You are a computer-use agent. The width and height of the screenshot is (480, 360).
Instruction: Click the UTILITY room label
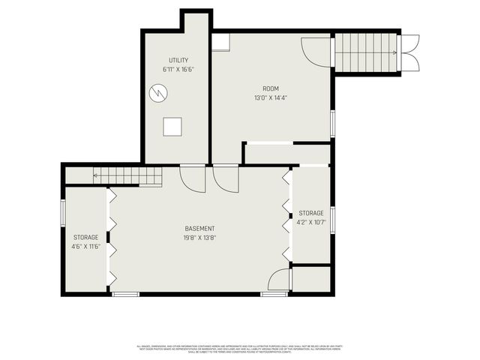point(178,60)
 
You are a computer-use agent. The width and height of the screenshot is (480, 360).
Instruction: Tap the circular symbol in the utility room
point(158,92)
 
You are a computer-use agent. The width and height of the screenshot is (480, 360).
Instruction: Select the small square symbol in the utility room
point(174,126)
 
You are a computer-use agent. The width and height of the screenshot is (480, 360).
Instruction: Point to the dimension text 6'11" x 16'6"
point(178,70)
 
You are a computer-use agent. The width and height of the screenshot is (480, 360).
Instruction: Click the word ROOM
point(270,88)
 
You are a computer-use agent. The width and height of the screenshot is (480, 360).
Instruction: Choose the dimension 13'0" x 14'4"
point(270,97)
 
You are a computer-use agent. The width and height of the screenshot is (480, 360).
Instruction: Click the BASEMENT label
point(200,229)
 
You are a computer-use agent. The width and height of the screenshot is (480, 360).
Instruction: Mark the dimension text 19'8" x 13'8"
point(200,238)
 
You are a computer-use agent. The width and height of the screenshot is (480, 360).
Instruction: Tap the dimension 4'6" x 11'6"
point(85,246)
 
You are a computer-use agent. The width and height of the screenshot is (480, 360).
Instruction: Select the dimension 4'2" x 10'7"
point(311,222)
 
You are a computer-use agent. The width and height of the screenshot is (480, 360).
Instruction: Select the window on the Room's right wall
point(331,122)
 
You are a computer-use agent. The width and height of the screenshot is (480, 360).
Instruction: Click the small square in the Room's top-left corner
point(220,41)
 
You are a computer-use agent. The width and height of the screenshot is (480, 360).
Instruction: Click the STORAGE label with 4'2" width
point(311,213)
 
